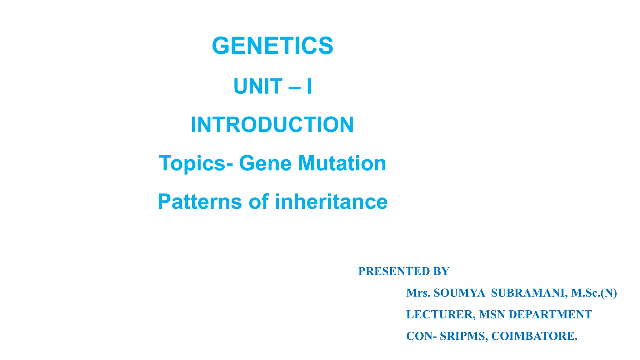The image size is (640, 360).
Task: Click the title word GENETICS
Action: click(x=272, y=46)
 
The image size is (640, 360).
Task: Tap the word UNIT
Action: click(x=258, y=86)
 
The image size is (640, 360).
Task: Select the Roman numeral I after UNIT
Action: click(x=309, y=86)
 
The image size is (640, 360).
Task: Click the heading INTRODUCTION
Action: click(x=272, y=125)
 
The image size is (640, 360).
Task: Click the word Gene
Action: click(x=265, y=163)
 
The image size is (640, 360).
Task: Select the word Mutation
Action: click(x=342, y=163)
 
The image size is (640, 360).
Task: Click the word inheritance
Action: click(x=331, y=202)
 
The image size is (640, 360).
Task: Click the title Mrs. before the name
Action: click(x=418, y=293)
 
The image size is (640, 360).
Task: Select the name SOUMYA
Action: click(x=459, y=293)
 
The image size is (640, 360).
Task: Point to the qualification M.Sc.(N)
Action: click(x=594, y=293)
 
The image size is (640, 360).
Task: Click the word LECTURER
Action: click(x=441, y=314)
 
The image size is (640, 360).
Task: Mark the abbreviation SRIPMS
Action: click(x=463, y=336)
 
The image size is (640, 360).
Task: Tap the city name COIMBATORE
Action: click(x=534, y=336)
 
